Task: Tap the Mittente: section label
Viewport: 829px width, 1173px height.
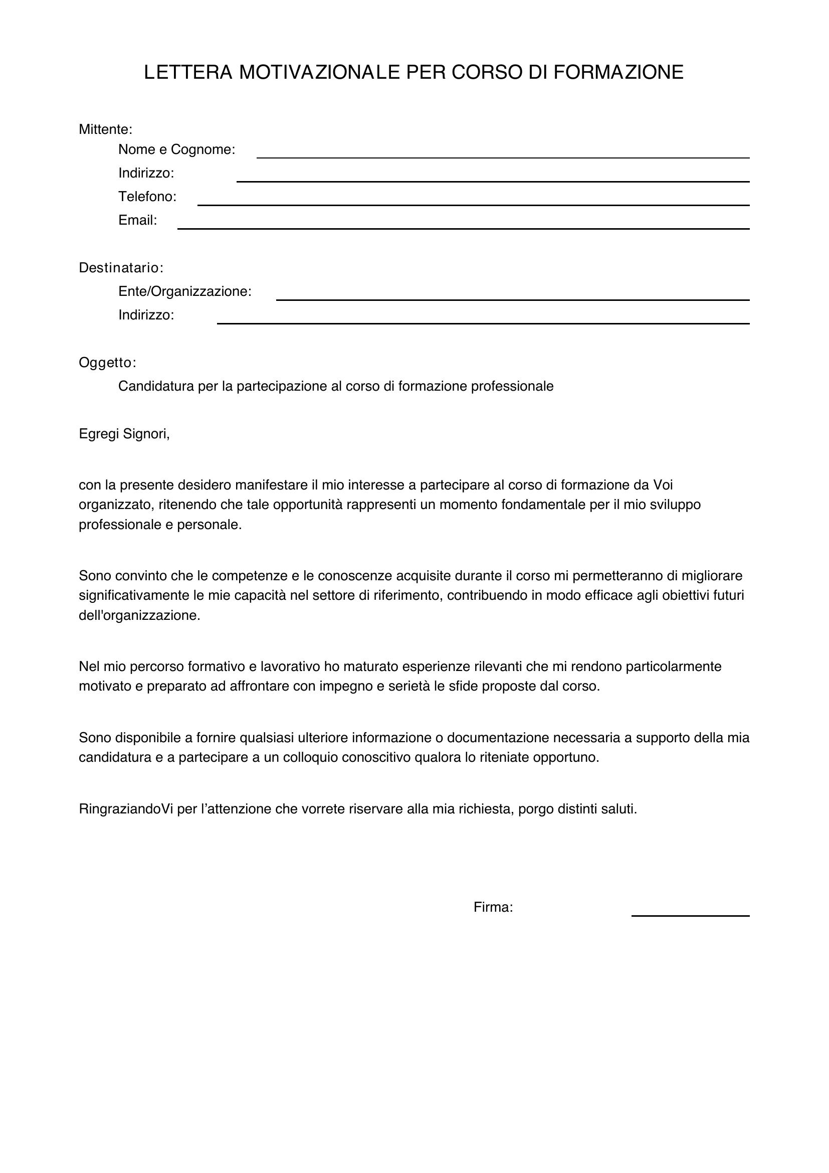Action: point(106,129)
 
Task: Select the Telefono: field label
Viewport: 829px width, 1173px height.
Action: point(147,197)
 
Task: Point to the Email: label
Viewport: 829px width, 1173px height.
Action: point(137,220)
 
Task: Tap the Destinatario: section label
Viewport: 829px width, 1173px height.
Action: point(121,268)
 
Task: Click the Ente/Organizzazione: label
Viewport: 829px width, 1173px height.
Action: point(185,291)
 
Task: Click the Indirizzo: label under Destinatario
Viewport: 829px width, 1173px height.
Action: point(146,315)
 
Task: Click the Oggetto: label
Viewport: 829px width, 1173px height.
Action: point(107,363)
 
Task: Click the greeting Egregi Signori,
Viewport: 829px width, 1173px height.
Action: point(124,434)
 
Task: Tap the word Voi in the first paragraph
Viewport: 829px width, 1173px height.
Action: point(663,484)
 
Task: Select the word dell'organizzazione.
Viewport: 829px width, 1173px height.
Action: point(139,615)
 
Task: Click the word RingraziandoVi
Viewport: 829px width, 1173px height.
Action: point(126,809)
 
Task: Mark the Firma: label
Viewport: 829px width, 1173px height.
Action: point(493,907)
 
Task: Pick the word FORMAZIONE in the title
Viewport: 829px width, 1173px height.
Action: point(618,73)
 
